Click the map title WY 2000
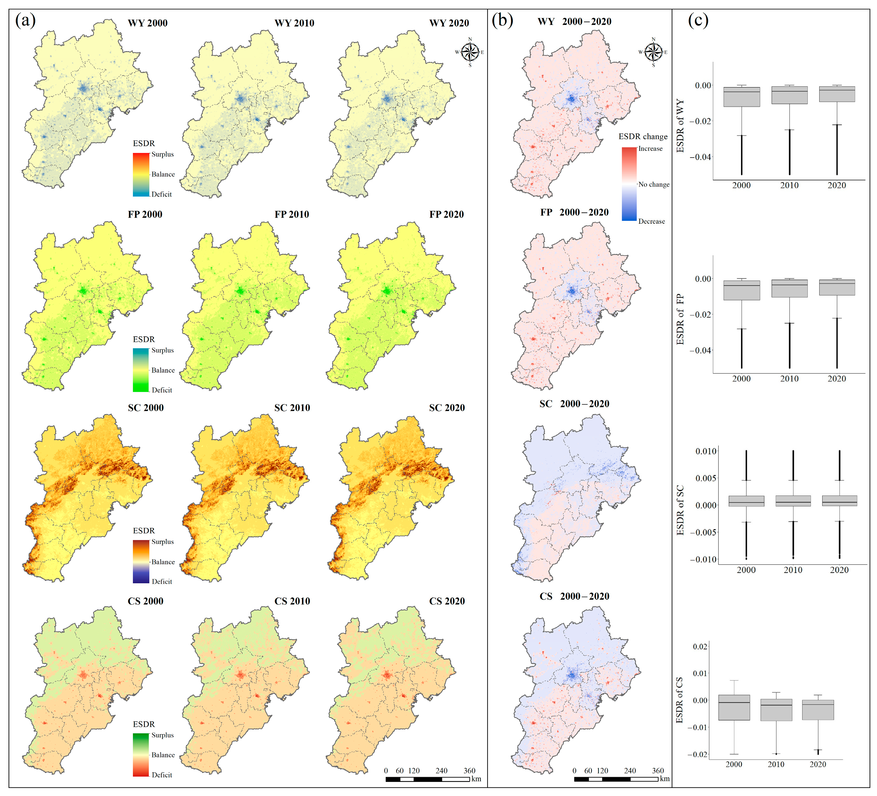coord(148,23)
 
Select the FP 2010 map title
coord(292,214)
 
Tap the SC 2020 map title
coord(447,408)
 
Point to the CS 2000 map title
coord(145,601)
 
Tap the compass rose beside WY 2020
coord(470,52)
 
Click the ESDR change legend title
coord(643,137)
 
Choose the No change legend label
coord(654,184)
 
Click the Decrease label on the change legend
coord(651,222)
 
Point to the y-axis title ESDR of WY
coord(680,126)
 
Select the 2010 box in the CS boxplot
coord(776,710)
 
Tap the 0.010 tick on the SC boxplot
coord(706,452)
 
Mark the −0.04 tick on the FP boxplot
coord(700,351)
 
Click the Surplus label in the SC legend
coord(162,542)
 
